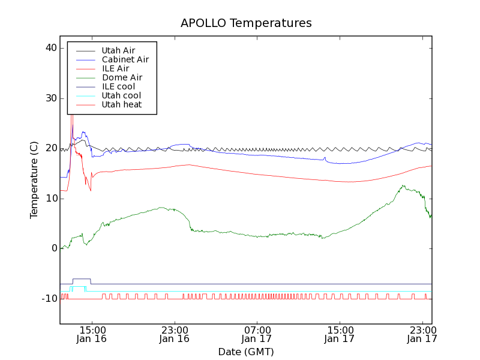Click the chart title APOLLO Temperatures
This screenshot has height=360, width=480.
tap(246, 23)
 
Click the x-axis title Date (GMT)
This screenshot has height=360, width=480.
tap(245, 352)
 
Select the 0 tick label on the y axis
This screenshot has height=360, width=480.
tap(53, 248)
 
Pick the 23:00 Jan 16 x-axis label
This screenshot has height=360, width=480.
tap(174, 334)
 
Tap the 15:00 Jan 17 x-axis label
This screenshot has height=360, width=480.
tap(340, 334)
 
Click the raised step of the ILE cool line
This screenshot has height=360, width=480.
tap(81, 279)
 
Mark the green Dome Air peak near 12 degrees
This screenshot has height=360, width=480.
tap(403, 186)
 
